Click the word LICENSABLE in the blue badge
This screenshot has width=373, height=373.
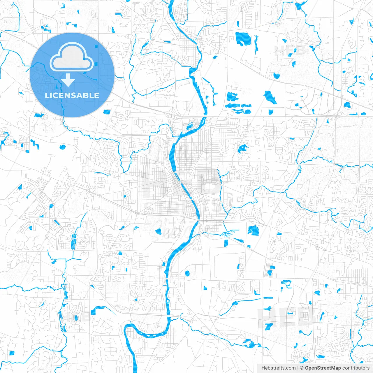click(x=72, y=95)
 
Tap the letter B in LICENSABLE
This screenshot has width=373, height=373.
click(x=85, y=95)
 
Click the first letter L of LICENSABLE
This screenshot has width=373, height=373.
click(x=47, y=95)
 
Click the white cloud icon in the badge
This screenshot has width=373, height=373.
click(x=72, y=57)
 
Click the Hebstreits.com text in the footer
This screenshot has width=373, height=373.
click(x=278, y=368)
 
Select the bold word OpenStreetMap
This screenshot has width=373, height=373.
click(x=323, y=368)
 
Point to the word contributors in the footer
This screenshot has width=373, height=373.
click(x=356, y=368)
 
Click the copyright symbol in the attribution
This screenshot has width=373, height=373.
click(x=302, y=368)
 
